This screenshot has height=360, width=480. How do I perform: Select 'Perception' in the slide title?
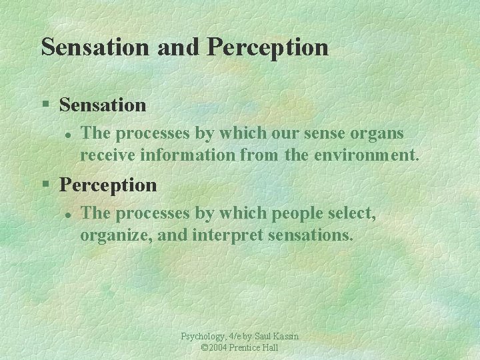point(268,47)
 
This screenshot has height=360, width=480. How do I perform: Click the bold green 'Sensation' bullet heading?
point(103,105)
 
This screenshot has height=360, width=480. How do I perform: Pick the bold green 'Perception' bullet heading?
point(108,185)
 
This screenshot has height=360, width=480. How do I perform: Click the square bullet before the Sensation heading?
point(45,105)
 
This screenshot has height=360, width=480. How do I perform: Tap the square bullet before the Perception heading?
point(45,185)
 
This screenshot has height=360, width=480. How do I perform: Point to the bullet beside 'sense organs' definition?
point(67,134)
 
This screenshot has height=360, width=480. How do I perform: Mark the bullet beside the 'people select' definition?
point(67,214)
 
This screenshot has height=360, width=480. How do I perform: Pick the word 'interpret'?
point(223,235)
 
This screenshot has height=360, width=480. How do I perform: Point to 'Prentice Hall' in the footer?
point(255,348)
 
